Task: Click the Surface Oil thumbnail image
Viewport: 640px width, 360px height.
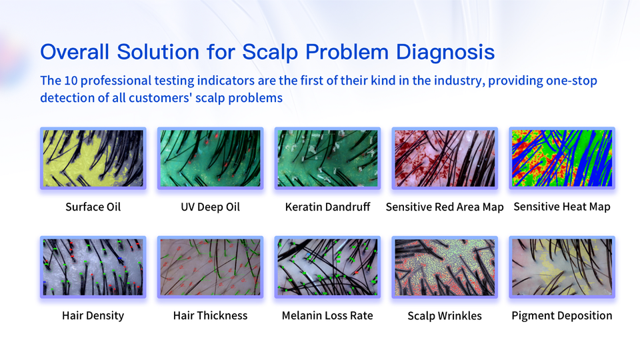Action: pyautogui.click(x=93, y=159)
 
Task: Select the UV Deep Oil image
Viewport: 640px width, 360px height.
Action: pyautogui.click(x=210, y=159)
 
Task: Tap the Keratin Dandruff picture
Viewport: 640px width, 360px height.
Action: pyautogui.click(x=327, y=159)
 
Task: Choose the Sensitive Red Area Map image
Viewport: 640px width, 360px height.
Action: pyautogui.click(x=445, y=159)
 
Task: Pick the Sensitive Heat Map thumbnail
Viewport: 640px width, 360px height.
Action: pyautogui.click(x=562, y=159)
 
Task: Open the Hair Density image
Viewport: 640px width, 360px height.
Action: pyautogui.click(x=93, y=267)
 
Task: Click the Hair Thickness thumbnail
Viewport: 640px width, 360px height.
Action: pyautogui.click(x=210, y=267)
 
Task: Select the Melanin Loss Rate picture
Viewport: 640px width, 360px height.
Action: pyautogui.click(x=327, y=267)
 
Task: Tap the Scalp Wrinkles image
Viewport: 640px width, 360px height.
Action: pyautogui.click(x=445, y=267)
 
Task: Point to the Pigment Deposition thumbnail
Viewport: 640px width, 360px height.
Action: pyautogui.click(x=562, y=267)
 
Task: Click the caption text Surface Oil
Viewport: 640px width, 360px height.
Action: pyautogui.click(x=93, y=207)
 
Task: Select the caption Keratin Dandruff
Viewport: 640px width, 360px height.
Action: pyautogui.click(x=327, y=207)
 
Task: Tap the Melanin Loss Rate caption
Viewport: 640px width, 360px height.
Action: pyautogui.click(x=327, y=315)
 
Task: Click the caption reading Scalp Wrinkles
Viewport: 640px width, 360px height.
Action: pyautogui.click(x=445, y=316)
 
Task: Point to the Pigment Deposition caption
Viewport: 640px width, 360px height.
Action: pyautogui.click(x=562, y=316)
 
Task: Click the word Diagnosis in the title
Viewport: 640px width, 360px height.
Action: pyautogui.click(x=445, y=52)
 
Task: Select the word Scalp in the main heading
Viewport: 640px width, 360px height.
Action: pyautogui.click(x=271, y=52)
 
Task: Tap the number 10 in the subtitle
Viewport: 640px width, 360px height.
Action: pyautogui.click(x=71, y=81)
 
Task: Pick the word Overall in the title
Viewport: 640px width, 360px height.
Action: pyautogui.click(x=75, y=52)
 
